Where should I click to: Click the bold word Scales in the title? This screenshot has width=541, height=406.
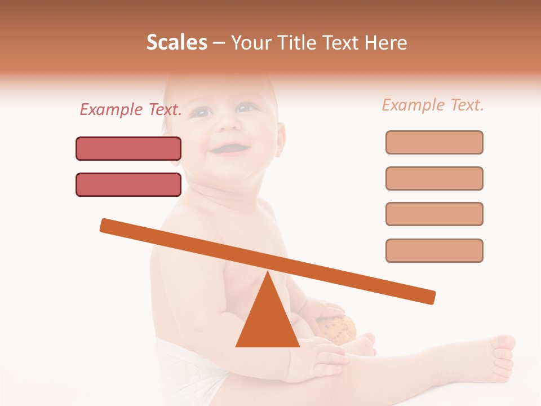coord(176,42)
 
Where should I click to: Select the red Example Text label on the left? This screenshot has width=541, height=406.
coord(131,109)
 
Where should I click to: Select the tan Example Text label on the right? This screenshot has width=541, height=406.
coord(433,105)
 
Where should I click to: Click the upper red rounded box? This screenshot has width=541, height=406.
coord(128,149)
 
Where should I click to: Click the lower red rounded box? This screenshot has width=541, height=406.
coord(128,184)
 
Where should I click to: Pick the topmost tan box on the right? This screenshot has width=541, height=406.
coord(434,142)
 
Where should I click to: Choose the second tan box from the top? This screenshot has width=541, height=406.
coord(434,178)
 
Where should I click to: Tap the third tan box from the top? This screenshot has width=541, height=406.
coord(434,214)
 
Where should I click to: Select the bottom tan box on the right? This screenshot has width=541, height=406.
coord(434,250)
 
